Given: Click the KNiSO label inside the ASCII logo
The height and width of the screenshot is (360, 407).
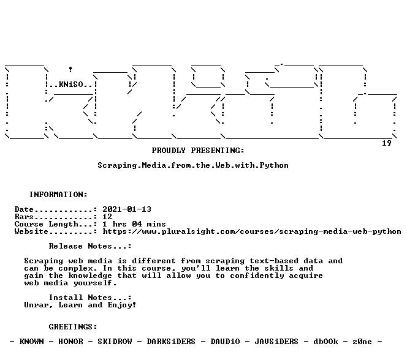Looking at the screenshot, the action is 71,84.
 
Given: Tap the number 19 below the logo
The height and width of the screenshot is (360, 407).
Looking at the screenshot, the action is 387,143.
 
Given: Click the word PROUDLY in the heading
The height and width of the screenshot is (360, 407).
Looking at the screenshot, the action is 169,151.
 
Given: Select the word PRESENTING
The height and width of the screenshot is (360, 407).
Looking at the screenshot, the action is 218,151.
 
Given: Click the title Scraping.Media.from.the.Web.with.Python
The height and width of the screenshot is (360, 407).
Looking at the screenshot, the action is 193,165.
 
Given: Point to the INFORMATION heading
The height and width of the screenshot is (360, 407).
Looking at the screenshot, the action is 58,194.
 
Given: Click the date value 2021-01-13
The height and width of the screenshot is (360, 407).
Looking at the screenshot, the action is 127,209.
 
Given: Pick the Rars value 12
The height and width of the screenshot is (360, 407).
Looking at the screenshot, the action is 107,217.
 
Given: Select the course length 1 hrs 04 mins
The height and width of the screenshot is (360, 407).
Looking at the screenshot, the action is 134,224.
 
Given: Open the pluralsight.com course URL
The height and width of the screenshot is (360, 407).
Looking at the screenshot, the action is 252,231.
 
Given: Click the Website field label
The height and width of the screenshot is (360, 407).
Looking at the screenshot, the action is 31,231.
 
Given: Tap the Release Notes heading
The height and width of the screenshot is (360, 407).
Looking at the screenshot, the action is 90,246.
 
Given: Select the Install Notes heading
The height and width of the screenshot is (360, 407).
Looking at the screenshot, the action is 90,298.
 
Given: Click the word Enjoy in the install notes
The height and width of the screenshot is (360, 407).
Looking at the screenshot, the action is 120,305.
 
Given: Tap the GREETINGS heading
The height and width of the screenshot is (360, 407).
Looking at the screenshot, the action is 73,327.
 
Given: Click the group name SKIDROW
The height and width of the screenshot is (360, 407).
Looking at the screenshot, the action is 115,342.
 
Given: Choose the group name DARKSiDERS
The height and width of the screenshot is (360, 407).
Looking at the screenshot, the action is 171,342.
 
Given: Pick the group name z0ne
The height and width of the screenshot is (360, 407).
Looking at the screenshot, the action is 362,342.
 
